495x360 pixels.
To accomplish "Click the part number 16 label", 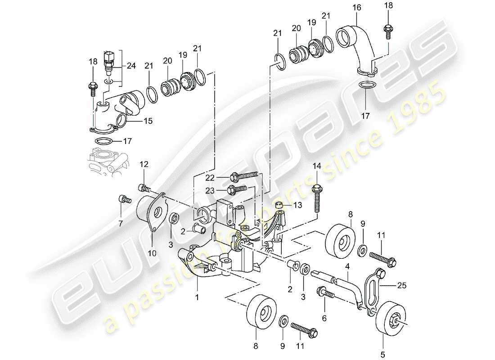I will coord(357,8).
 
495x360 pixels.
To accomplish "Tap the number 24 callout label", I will coord(130,65).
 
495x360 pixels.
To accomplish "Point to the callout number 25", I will coord(402,285).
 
